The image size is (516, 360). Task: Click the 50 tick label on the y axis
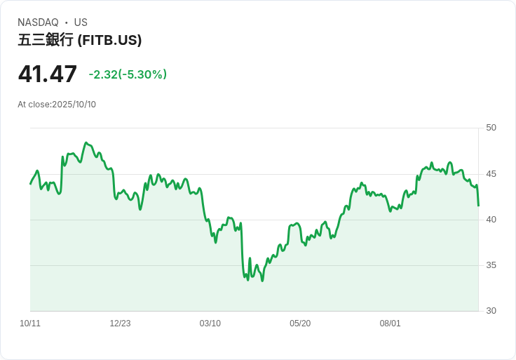[x=491, y=128]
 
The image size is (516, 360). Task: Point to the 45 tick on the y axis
[x=491, y=174]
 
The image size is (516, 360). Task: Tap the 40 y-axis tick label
[x=491, y=220]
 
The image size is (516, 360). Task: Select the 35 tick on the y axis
[x=491, y=265]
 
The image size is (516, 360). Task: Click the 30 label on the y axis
[x=491, y=311]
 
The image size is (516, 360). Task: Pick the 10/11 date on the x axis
[x=30, y=324]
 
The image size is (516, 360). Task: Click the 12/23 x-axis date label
[x=120, y=324]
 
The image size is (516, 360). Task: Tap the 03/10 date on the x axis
[x=210, y=324]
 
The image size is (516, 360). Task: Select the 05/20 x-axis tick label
[x=300, y=324]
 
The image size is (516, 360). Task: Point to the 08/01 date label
[x=390, y=324]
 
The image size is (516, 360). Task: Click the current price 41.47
[x=48, y=74]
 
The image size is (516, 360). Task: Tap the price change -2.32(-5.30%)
[x=128, y=74]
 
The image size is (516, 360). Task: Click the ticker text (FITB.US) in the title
[x=109, y=40]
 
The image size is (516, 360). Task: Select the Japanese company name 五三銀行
[x=46, y=40]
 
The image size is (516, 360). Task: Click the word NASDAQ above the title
[x=38, y=22]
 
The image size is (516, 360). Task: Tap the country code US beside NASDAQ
[x=81, y=22]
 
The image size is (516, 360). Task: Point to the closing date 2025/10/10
[x=74, y=105]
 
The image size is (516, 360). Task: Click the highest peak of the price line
[x=86, y=142]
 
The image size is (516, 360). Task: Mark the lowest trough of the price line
[x=262, y=281]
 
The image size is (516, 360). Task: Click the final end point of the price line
[x=478, y=206]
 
